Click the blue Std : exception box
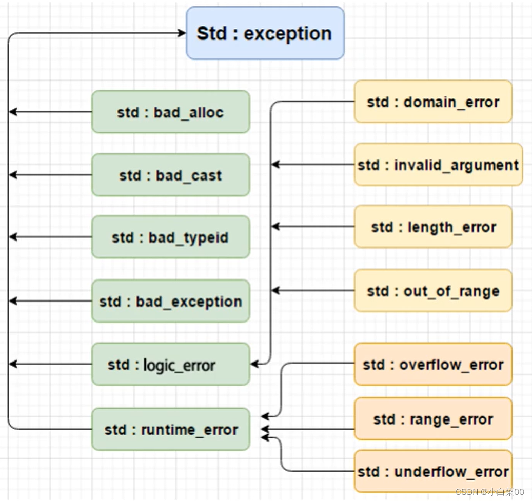265,33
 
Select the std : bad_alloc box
170,112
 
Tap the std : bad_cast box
170,175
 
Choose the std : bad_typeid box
170,237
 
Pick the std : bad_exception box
170,301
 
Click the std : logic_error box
170,365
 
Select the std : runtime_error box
170,429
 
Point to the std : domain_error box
433,102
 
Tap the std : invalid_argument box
438,165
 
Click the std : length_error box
433,227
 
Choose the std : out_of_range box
433,291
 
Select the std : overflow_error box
433,365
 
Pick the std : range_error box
433,419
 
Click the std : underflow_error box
433,471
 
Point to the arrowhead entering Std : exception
182,33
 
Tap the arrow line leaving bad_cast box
51,175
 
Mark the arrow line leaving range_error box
308,429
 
